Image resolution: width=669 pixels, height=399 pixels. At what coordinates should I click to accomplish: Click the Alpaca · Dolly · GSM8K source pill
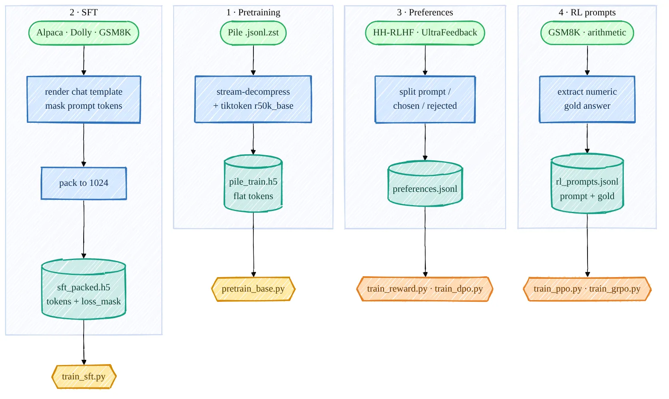pos(84,33)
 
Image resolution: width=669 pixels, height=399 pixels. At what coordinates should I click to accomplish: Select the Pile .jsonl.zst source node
pos(253,33)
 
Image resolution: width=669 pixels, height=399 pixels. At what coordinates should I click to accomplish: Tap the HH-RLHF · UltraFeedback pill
pos(425,33)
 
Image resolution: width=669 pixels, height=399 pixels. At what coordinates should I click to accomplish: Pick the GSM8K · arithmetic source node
pos(587,33)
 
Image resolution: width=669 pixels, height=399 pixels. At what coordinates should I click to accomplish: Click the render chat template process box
pos(84,99)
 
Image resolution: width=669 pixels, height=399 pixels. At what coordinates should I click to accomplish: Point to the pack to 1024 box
pos(84,183)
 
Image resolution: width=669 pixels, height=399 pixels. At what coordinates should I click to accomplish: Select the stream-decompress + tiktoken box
pos(253,99)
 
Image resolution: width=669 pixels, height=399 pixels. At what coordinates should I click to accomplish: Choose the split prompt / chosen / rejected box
pos(425,99)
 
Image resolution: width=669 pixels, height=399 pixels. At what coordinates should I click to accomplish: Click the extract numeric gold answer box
pos(587,99)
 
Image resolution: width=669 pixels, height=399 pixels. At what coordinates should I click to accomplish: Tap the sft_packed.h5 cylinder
pos(84,289)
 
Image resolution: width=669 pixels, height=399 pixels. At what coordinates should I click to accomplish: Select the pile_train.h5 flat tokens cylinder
pos(253,184)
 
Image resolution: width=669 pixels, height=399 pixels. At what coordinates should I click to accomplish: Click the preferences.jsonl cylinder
pos(425,184)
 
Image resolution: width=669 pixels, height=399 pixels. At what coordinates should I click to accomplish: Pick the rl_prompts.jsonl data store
pos(587,184)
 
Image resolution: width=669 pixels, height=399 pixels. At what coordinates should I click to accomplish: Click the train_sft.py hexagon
pos(84,376)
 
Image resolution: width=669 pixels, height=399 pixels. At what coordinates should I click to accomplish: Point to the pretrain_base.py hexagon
pos(253,289)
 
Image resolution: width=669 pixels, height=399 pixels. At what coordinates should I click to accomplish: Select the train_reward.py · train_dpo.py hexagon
pos(425,289)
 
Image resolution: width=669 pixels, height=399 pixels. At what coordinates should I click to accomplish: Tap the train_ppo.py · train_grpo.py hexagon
pos(587,289)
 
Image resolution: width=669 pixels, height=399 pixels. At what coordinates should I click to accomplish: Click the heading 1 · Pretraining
pos(253,12)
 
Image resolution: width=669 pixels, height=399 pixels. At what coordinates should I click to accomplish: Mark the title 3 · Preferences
pos(425,12)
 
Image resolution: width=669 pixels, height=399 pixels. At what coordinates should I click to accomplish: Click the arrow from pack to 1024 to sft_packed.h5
pos(84,229)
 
